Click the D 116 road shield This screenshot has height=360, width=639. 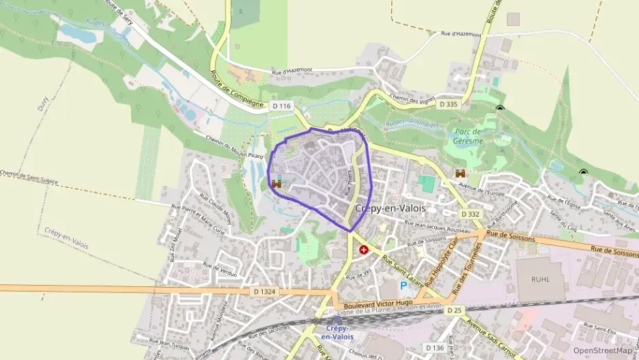coord(281,106)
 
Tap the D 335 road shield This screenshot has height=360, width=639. coord(448,105)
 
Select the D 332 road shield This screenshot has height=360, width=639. coord(470,214)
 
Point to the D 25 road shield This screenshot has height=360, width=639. coord(455,310)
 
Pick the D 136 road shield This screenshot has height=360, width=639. coord(434,348)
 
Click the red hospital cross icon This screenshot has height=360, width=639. coord(364,250)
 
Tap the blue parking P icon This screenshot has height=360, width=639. coord(403,285)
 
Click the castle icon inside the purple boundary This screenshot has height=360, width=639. coord(277,184)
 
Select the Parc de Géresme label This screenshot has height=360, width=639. coord(468,136)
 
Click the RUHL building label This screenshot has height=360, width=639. coord(539,279)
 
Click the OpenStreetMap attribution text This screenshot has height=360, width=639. coord(601,350)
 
